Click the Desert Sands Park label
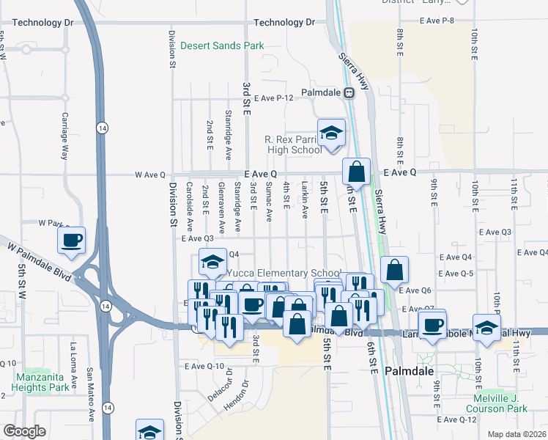221,45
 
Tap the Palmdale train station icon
349,92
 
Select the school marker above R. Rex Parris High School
331,133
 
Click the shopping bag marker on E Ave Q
356,173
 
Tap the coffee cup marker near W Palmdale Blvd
72,241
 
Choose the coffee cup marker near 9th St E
432,323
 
